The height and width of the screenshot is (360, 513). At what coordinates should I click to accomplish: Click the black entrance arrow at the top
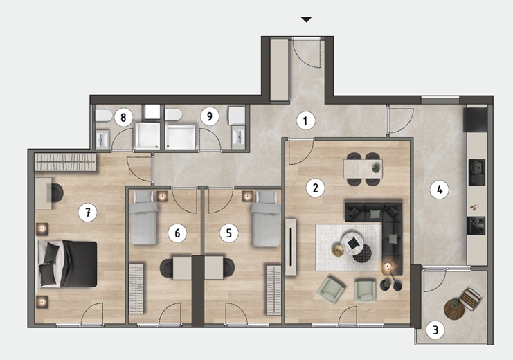[306, 19]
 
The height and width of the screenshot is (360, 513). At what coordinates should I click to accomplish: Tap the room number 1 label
[305, 120]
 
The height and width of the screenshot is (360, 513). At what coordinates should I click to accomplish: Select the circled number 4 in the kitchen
[440, 189]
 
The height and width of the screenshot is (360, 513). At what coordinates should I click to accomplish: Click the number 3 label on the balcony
[435, 330]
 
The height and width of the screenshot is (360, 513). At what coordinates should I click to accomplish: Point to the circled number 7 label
[88, 213]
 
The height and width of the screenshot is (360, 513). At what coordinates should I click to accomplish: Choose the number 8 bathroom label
[123, 117]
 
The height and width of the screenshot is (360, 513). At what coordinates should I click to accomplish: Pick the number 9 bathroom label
[209, 116]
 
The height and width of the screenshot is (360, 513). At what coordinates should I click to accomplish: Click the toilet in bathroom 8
[104, 116]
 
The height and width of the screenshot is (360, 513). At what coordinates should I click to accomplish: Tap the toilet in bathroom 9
[173, 115]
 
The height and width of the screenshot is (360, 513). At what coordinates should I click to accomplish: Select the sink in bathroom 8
[102, 139]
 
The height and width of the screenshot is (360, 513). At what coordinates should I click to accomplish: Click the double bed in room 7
[66, 264]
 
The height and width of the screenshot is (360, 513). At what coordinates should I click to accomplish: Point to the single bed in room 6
[143, 218]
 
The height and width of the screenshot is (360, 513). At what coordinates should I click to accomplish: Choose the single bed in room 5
[267, 219]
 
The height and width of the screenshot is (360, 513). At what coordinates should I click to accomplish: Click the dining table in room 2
[363, 168]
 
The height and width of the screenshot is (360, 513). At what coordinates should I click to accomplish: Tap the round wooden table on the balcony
[454, 309]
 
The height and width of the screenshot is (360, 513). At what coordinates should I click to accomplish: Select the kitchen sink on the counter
[477, 172]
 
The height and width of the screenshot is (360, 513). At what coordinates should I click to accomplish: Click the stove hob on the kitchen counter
[476, 226]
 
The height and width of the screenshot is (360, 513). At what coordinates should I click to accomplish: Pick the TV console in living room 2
[291, 247]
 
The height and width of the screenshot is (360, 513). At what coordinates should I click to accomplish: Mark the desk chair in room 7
[55, 193]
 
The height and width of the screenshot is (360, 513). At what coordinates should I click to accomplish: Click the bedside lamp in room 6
[162, 196]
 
